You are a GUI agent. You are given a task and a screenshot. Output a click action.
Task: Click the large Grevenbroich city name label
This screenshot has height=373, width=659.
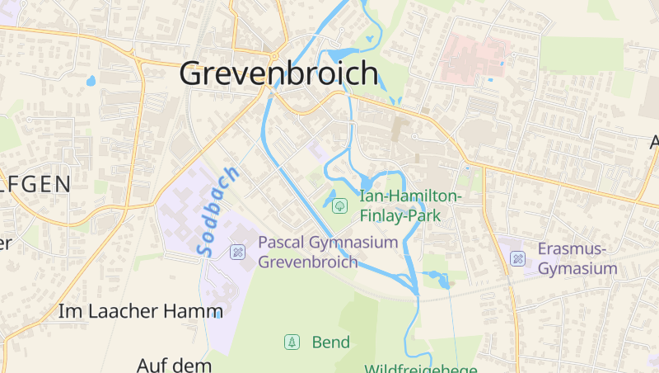point(279,74)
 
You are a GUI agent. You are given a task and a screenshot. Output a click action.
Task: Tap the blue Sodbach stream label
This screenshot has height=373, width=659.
point(218,210)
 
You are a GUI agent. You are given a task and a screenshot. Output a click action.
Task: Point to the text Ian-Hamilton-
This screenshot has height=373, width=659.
point(411,196)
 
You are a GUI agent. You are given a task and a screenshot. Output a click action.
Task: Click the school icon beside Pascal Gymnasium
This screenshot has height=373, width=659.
point(238,252)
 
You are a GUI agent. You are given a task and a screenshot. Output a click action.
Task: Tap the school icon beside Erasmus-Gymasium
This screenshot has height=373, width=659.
point(518,259)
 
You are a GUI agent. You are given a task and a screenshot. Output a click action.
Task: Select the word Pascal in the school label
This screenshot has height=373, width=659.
point(282,243)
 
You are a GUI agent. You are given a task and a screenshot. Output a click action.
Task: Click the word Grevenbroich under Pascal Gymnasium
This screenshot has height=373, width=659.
point(308,262)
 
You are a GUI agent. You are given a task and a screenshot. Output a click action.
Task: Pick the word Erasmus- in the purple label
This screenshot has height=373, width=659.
point(572,249)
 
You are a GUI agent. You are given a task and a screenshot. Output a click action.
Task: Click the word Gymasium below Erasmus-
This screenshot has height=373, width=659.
point(577,269)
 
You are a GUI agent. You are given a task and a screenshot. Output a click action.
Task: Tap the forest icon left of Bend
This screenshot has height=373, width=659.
point(291,342)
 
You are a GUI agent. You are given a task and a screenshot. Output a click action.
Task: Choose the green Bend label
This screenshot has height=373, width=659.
point(331,342)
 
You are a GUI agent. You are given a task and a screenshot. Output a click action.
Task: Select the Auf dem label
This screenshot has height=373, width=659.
point(175,364)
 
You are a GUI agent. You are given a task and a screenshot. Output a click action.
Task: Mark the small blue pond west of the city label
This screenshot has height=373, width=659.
point(91,81)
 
